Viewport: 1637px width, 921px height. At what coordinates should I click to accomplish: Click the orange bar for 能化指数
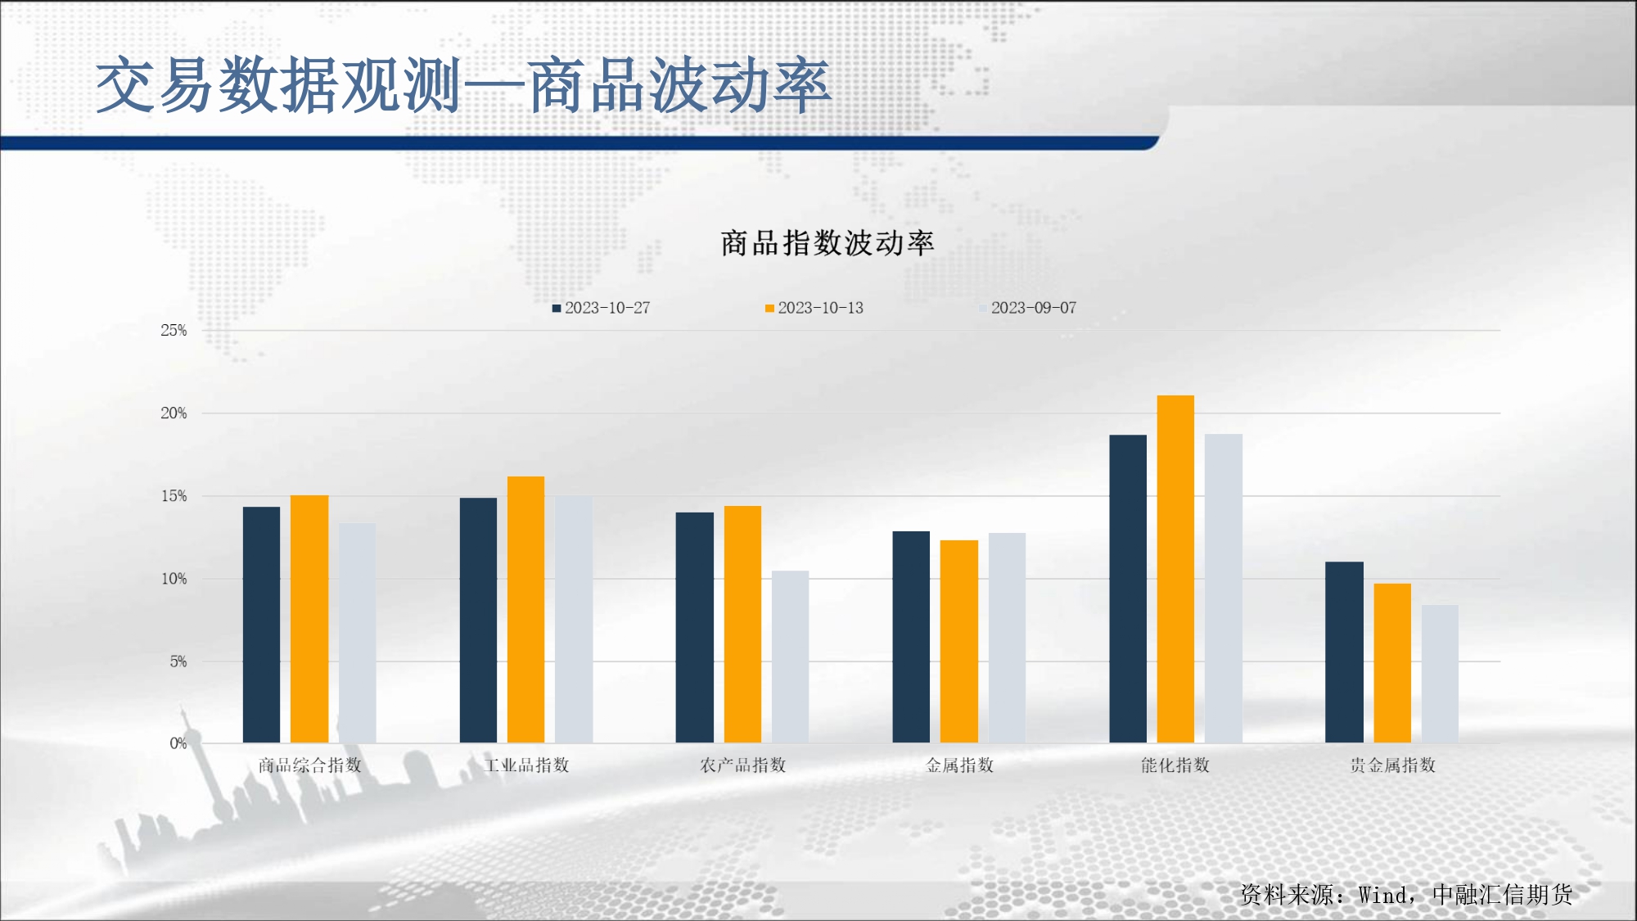[1175, 569]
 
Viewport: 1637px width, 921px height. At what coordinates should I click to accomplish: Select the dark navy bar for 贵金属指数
[1344, 652]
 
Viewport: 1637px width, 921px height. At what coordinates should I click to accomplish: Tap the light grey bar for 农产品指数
[790, 657]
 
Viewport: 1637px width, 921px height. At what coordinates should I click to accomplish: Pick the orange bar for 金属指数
[958, 642]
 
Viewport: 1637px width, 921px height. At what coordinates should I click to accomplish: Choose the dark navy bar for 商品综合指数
[261, 625]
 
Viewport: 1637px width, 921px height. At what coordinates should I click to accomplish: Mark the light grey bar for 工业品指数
[574, 620]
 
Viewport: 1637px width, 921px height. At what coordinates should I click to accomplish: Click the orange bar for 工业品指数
[525, 610]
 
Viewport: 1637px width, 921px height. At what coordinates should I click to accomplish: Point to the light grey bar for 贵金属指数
[1440, 674]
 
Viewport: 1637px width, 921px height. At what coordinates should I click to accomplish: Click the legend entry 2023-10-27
[602, 308]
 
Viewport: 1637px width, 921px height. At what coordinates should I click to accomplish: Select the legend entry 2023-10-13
[814, 308]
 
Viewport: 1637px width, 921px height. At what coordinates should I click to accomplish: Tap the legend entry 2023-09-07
[1028, 308]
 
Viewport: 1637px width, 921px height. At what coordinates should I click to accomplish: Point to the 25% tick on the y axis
[174, 331]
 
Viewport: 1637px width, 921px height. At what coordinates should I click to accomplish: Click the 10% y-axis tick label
[174, 579]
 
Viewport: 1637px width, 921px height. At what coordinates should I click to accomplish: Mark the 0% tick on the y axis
[178, 743]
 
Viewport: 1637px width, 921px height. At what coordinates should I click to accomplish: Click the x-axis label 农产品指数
[742, 765]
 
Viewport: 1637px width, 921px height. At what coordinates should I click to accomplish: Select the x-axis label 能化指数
[1175, 765]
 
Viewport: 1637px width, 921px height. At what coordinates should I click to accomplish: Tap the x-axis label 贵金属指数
[1392, 765]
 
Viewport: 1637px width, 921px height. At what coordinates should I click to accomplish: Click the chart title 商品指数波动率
[827, 243]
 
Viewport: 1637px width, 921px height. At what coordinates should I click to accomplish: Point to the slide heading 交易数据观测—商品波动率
[463, 86]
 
